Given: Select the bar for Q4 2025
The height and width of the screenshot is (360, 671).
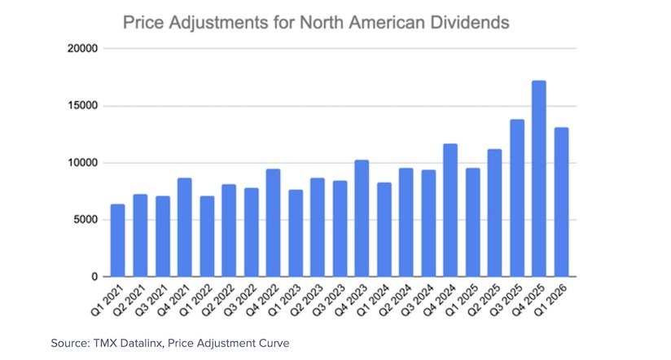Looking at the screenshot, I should tap(538, 179).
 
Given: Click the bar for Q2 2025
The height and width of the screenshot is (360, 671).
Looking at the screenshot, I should tap(494, 213).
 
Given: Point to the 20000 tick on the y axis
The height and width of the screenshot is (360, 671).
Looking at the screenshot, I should tap(82, 49).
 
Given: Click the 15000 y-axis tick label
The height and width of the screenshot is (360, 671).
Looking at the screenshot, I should tap(82, 106).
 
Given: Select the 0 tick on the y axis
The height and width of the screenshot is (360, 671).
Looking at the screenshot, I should tap(94, 277).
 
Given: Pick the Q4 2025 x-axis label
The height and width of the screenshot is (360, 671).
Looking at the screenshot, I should tap(529, 301).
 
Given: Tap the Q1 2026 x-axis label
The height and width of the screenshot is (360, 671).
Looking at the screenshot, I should tap(552, 301).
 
